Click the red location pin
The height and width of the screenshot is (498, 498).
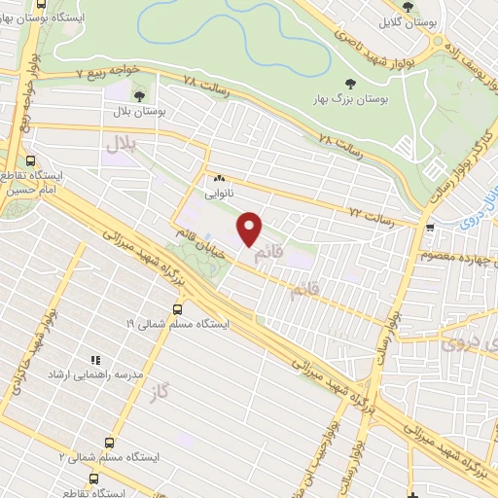click(250, 229)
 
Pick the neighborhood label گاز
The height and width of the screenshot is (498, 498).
click(160, 392)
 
